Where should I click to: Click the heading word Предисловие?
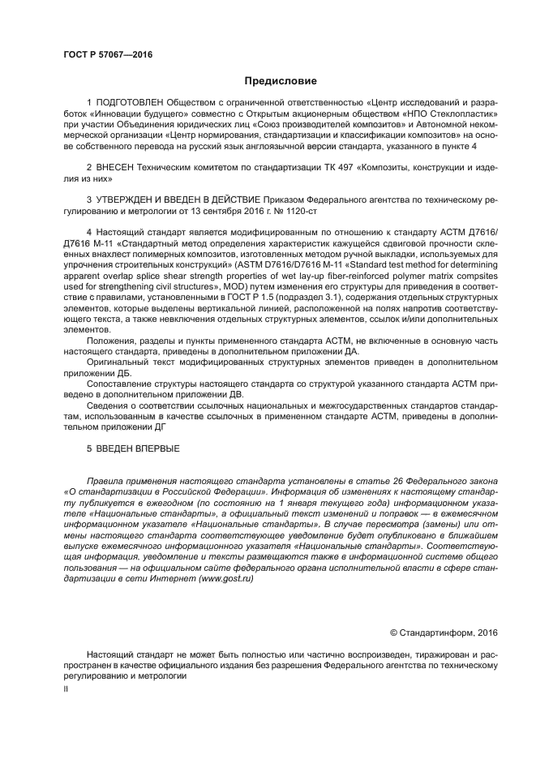tap(281, 80)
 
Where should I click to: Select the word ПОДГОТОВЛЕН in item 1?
tap(131, 105)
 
